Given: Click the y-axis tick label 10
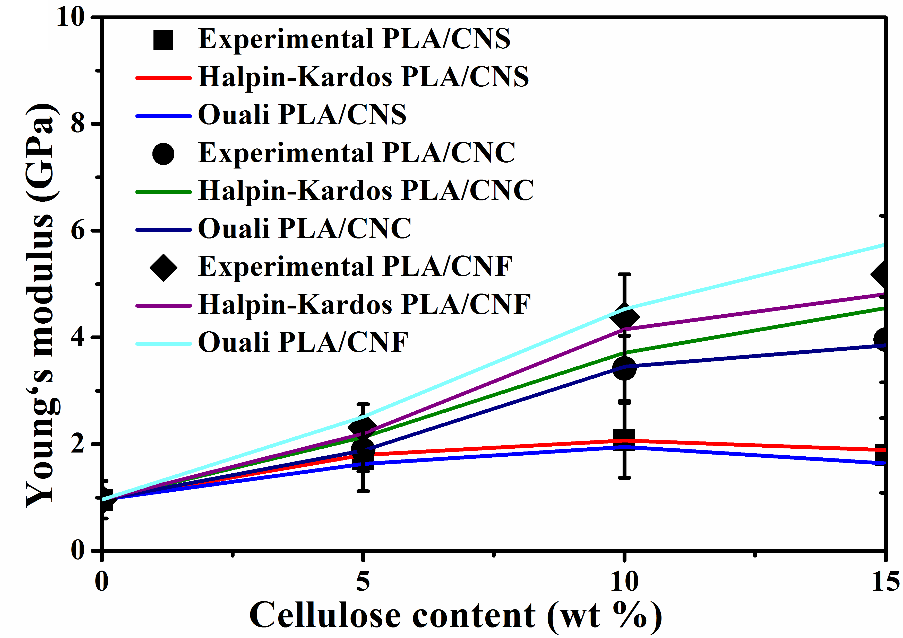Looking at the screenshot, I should pyautogui.click(x=71, y=18).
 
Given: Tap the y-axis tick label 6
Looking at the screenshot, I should pyautogui.click(x=78, y=230).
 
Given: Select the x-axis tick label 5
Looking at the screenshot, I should pyautogui.click(x=363, y=581).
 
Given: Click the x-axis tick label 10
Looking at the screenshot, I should pyautogui.click(x=624, y=581).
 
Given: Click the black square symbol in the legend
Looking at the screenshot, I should pyautogui.click(x=163, y=39).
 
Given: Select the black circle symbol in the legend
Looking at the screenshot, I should pyautogui.click(x=163, y=154).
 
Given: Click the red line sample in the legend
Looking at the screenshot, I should pyautogui.click(x=163, y=78).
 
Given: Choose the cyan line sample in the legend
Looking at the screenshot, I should pyautogui.click(x=163, y=343).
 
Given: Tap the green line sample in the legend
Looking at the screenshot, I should pyautogui.click(x=163, y=192).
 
